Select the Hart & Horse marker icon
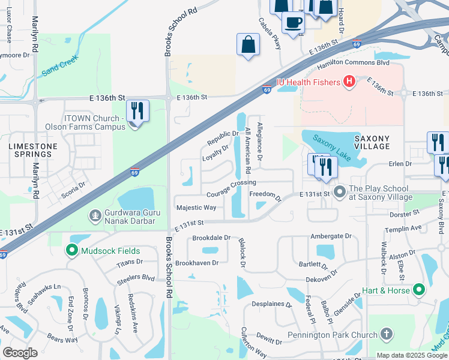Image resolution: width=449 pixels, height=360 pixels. click(419, 290)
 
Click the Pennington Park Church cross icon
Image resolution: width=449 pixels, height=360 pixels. click(387, 334)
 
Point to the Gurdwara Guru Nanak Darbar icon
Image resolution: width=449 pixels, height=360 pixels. click(95, 215)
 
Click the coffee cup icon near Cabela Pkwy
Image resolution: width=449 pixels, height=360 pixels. click(293, 23)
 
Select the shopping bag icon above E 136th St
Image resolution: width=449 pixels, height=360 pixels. click(248, 44)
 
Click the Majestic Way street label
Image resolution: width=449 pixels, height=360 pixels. click(196, 208)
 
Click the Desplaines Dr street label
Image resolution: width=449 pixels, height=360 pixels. click(271, 304)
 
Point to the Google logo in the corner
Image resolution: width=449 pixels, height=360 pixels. click(20, 352)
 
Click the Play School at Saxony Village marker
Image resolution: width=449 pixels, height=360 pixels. click(340, 193)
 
